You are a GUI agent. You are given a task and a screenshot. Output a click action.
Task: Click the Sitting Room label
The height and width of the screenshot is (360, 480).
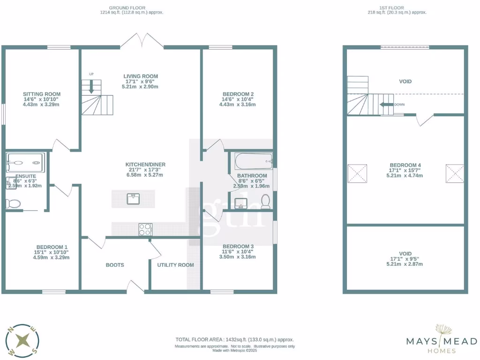pyautogui.click(x=42, y=94)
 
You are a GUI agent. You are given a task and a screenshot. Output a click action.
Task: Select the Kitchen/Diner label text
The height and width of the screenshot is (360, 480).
pyautogui.click(x=145, y=165)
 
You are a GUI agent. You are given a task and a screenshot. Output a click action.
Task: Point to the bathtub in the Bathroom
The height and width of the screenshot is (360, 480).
pyautogui.click(x=253, y=163)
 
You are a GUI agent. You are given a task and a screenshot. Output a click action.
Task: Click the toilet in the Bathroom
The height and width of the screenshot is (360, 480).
pyautogui.click(x=266, y=202)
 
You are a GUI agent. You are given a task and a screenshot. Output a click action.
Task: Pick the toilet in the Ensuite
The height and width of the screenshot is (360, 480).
pyautogui.click(x=13, y=203)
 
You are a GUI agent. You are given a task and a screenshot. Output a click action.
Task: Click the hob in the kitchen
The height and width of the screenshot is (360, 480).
pyautogui.click(x=145, y=229)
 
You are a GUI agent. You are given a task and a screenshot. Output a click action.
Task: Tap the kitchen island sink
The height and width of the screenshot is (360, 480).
pyautogui.click(x=133, y=199)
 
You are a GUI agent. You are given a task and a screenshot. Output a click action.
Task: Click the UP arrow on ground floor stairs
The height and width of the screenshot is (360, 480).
pyautogui.click(x=91, y=87)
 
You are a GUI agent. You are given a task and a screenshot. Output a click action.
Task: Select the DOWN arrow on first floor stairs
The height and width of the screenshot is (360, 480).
pyautogui.click(x=386, y=105)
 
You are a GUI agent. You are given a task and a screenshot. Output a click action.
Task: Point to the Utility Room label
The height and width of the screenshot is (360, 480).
pyautogui.click(x=175, y=265)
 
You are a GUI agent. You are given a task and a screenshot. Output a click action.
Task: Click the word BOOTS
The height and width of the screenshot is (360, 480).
pyautogui.click(x=115, y=265)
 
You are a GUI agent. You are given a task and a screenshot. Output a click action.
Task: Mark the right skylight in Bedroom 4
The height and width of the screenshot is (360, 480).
pyautogui.click(x=454, y=173)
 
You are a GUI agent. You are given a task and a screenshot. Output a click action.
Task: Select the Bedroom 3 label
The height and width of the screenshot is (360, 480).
pyautogui.click(x=238, y=247)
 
